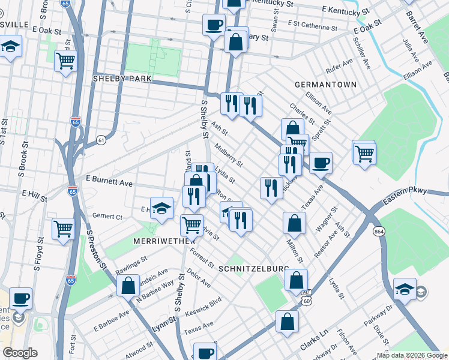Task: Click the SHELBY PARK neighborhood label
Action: (122, 79)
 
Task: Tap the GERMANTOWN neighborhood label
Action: (325, 85)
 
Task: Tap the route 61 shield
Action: (101, 140)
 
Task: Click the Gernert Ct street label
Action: (107, 216)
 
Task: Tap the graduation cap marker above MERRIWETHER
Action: (161, 208)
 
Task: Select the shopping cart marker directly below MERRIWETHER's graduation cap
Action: (191, 225)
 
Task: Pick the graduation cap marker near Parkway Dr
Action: (405, 289)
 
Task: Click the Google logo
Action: (20, 353)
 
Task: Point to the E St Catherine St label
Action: (312, 26)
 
